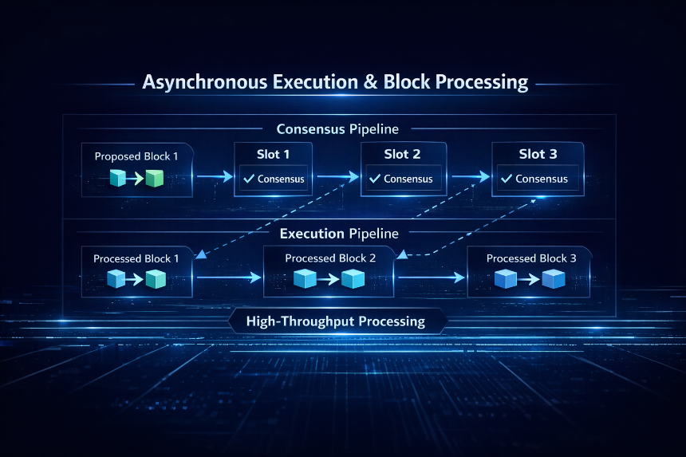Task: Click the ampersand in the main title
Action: tap(371, 82)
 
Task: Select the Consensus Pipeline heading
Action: tap(337, 129)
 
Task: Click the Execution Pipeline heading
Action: tap(339, 234)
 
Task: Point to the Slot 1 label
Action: tap(273, 155)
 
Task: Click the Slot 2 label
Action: tap(402, 155)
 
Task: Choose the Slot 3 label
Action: tap(538, 154)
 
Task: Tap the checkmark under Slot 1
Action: tap(249, 179)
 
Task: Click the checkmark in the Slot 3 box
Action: tap(507, 179)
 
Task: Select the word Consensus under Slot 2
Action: tap(408, 179)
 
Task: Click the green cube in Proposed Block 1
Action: tap(155, 179)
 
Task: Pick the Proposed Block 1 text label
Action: tap(136, 156)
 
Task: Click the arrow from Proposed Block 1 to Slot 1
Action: tap(215, 177)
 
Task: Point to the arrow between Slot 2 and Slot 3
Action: tap(471, 177)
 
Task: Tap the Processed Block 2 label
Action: tap(330, 258)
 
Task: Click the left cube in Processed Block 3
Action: tap(505, 279)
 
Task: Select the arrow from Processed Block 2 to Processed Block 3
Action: tap(432, 278)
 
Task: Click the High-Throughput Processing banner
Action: tap(337, 321)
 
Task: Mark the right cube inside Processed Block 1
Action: tap(156, 279)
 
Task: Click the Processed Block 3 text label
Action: tap(531, 258)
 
